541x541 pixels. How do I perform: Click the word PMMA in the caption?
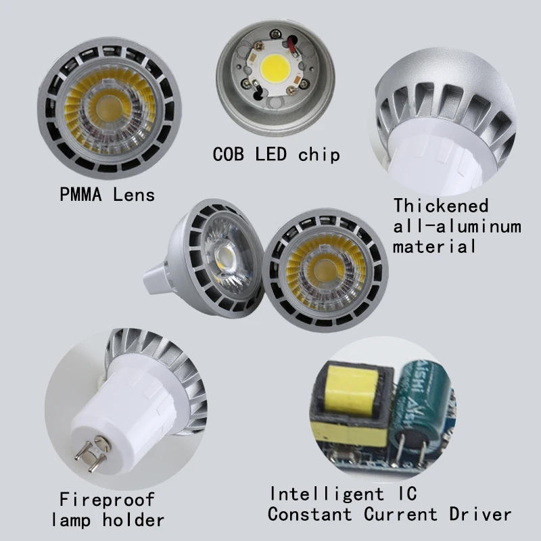coord(81,195)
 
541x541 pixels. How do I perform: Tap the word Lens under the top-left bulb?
coord(134,195)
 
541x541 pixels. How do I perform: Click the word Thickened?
coord(441,205)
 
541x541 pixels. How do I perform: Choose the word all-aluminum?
coord(457,225)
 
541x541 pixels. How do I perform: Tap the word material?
coord(435,245)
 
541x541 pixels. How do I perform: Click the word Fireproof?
coord(107,500)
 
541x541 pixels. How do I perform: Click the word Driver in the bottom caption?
coord(480,514)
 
